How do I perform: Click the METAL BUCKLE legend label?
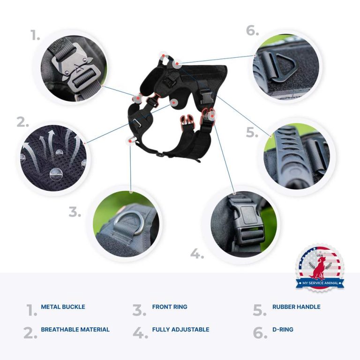click(63, 307)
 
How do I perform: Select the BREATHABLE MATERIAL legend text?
click(75, 330)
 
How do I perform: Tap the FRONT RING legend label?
click(169, 307)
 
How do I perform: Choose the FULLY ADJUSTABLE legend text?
click(180, 330)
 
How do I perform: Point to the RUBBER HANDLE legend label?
click(296, 307)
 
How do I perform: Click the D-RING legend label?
click(283, 330)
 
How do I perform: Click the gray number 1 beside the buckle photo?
click(35, 36)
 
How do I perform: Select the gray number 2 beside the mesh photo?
click(23, 122)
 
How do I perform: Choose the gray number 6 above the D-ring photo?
click(252, 30)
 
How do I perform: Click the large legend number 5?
click(260, 310)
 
